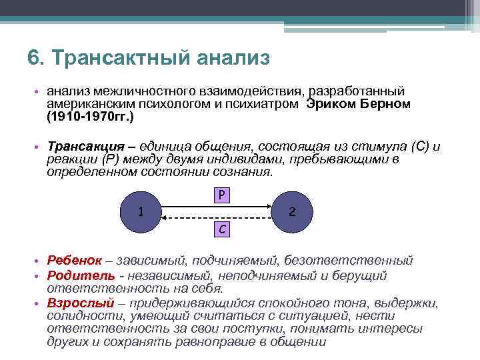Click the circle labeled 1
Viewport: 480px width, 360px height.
click(x=140, y=213)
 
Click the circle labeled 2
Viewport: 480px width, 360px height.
click(x=291, y=213)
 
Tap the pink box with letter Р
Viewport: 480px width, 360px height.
click(x=222, y=195)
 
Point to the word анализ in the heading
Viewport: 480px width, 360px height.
click(x=233, y=58)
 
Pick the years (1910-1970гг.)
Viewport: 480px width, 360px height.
click(x=91, y=117)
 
